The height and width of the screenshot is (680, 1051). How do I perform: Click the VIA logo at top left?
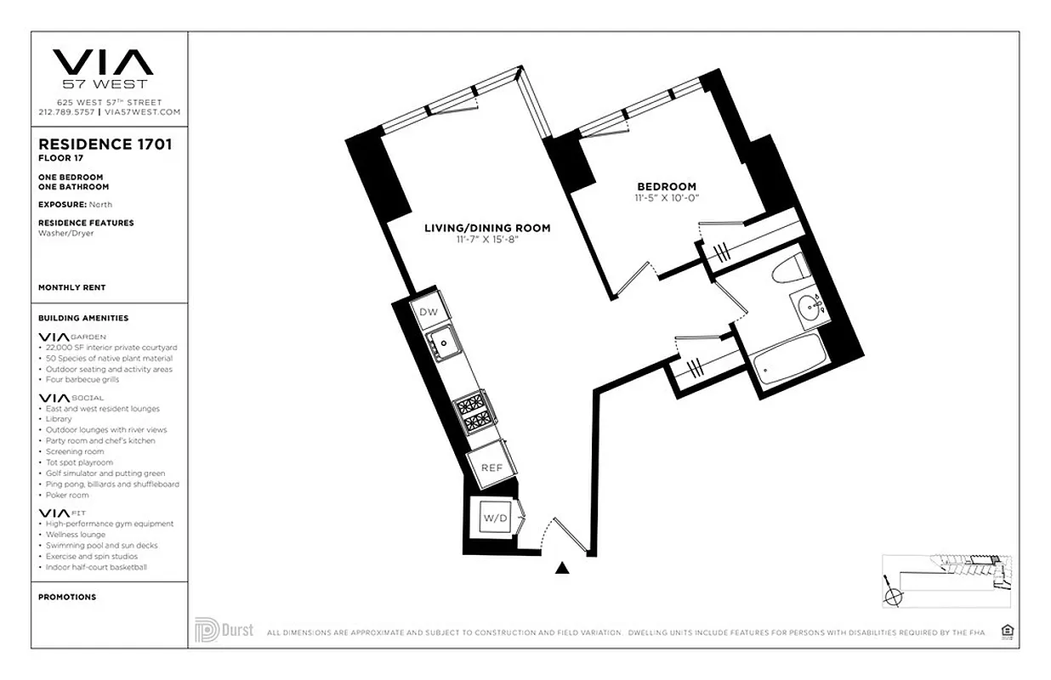click(103, 62)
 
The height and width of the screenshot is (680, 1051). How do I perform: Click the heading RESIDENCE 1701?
click(105, 144)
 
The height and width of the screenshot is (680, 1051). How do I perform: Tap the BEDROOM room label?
click(667, 187)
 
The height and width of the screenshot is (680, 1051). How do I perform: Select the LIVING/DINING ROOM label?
click(487, 228)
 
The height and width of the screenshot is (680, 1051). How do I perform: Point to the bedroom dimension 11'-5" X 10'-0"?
click(667, 197)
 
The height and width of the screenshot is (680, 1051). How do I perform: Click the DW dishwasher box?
click(429, 312)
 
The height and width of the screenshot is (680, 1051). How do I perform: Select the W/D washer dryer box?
click(494, 517)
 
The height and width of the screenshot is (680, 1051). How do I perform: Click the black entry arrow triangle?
click(561, 568)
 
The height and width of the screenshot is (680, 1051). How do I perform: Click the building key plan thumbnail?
click(946, 580)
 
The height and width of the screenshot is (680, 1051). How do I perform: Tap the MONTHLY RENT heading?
click(72, 287)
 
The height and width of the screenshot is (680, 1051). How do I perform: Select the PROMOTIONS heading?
click(67, 597)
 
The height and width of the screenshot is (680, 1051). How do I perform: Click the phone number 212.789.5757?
click(66, 112)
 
